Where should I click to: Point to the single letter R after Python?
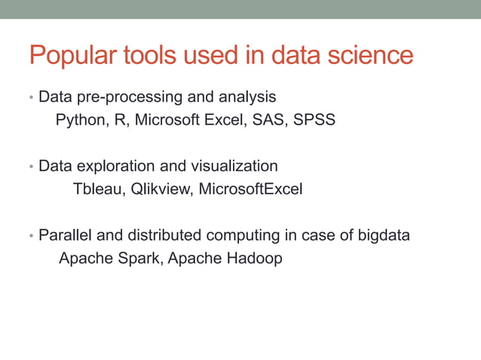tap(119, 121)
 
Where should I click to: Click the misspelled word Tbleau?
tap(97, 189)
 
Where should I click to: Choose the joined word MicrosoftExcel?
tap(250, 189)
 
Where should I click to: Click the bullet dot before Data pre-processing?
tap(31, 99)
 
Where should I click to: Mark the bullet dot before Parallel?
tap(31, 236)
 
